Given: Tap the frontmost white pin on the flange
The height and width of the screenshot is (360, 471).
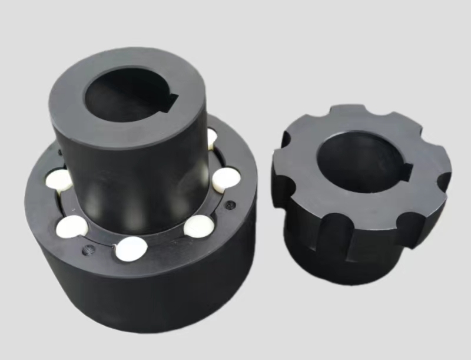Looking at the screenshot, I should pos(130,248).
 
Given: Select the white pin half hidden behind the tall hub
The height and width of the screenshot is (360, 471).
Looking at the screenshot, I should pos(212,138).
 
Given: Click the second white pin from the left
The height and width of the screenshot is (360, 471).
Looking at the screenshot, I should pos(72,226).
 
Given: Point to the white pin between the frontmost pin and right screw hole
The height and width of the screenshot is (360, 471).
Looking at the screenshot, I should pos(198,224).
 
